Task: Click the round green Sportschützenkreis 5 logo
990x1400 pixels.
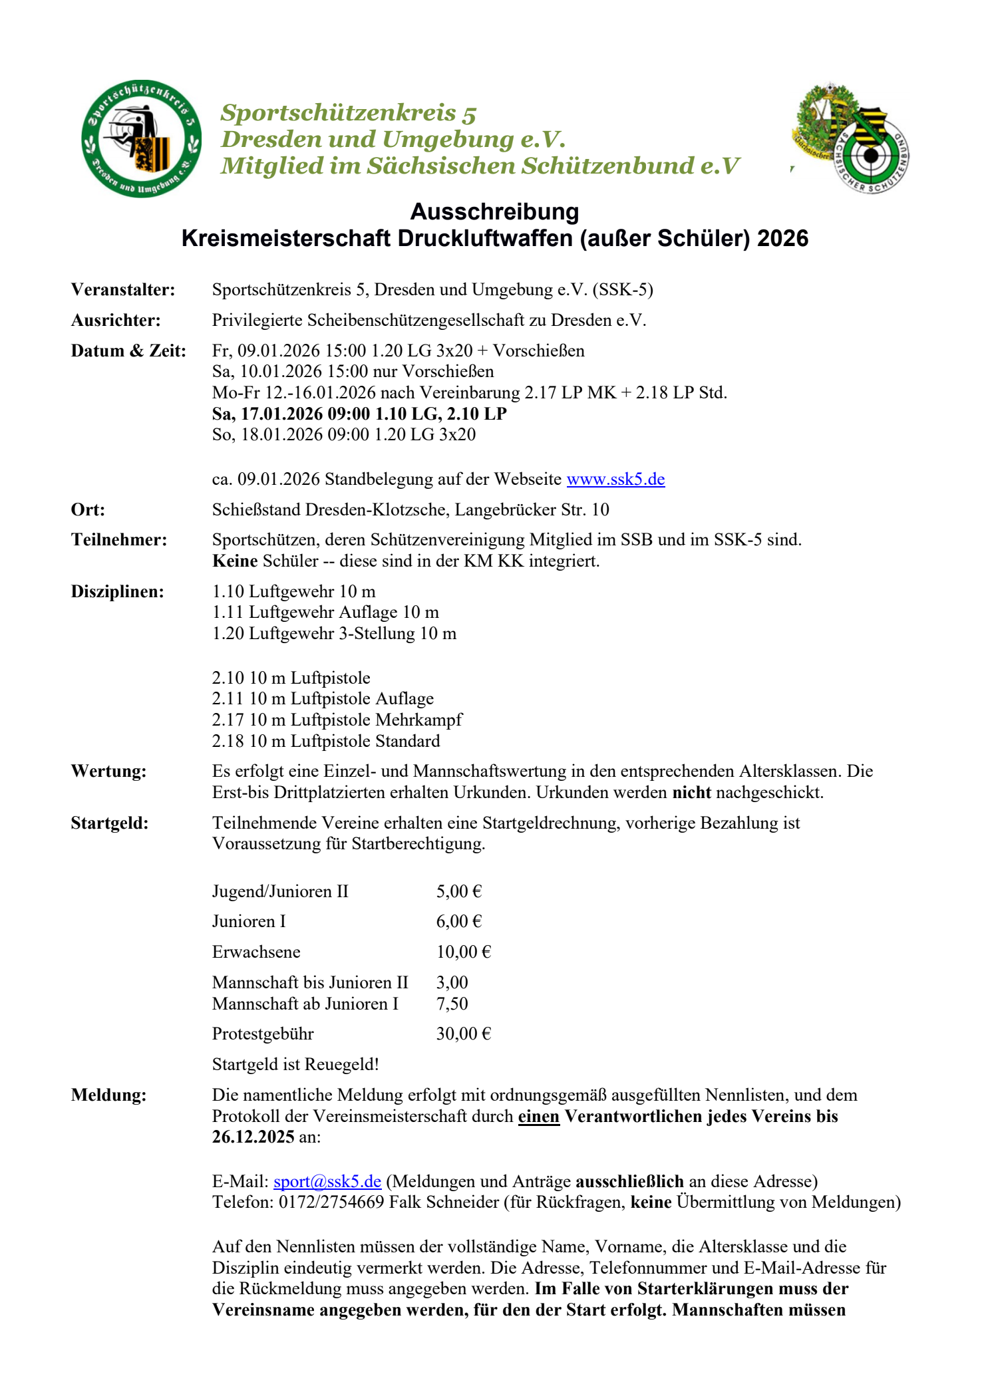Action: coord(141,138)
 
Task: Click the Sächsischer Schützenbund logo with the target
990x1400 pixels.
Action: coord(852,138)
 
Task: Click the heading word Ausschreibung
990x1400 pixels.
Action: coord(494,211)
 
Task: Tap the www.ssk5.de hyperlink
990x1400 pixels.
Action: coord(615,479)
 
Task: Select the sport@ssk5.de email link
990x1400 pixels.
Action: coord(327,1181)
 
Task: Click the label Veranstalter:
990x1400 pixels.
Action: coord(123,290)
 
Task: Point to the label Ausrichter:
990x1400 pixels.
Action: coord(116,321)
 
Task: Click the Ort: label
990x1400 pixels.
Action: coord(88,509)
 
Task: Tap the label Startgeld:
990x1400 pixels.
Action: coord(110,823)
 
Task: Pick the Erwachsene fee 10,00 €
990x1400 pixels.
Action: coord(463,952)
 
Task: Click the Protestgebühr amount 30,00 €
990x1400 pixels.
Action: coord(463,1034)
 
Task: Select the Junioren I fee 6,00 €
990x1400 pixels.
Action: coord(459,921)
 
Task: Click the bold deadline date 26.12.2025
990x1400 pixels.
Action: coord(253,1137)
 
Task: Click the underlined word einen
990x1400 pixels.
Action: coord(538,1116)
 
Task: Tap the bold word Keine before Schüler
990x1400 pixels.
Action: coord(235,561)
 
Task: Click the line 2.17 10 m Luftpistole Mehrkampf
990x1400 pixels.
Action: coord(337,720)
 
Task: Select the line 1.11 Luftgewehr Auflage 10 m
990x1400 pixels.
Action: coord(325,612)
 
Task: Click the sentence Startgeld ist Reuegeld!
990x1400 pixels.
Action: coord(295,1064)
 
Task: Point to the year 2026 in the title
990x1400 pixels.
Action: coord(782,238)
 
